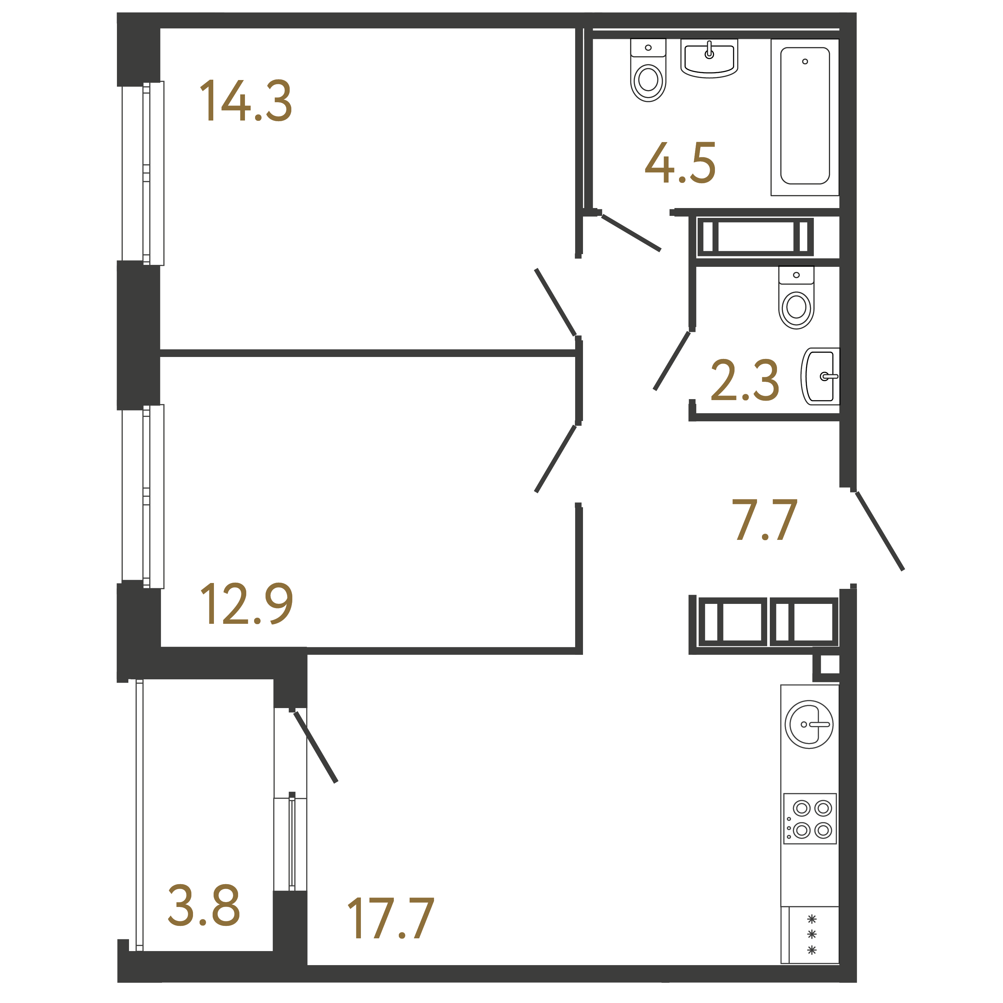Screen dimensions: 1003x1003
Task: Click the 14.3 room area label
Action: (246, 101)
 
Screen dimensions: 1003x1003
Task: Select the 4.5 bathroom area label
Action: (680, 163)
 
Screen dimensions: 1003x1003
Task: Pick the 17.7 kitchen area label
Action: (390, 918)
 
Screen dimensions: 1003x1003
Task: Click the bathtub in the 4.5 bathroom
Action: (805, 117)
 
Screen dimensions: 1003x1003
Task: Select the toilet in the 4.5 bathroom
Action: (648, 70)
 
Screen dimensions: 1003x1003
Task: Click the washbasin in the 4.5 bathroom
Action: (709, 58)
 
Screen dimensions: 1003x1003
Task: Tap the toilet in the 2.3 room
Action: (796, 298)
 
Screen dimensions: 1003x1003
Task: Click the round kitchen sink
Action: (809, 724)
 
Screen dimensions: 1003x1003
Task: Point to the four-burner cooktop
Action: (810, 819)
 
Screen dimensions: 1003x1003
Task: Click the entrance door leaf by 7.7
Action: (880, 531)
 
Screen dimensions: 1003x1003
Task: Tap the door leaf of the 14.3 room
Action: (556, 302)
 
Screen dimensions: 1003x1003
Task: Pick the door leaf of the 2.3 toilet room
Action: (672, 361)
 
